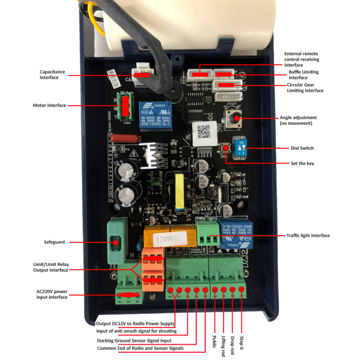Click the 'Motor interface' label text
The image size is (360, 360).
pos(49,105)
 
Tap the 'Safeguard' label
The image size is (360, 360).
pos(54,242)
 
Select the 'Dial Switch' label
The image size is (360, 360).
pos(302,148)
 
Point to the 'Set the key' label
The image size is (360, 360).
pos(303,163)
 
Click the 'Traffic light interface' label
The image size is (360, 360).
pos(308,235)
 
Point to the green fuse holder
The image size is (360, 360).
pos(116,243)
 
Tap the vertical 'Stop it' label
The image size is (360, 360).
pos(242,342)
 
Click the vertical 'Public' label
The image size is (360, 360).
pos(215,342)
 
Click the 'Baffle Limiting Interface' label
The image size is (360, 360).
pos(304,75)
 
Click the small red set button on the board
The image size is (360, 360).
pos(225,148)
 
